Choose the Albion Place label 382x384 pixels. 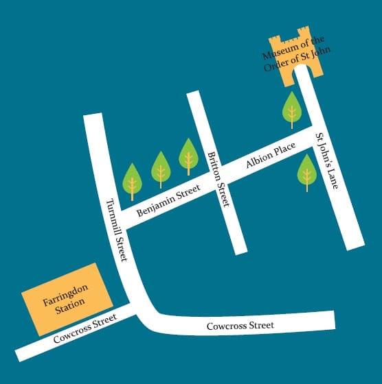coord(271,156)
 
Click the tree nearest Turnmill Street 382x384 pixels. coord(132,181)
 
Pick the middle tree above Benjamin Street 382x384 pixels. coord(161,168)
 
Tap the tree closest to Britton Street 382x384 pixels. coord(188,155)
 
